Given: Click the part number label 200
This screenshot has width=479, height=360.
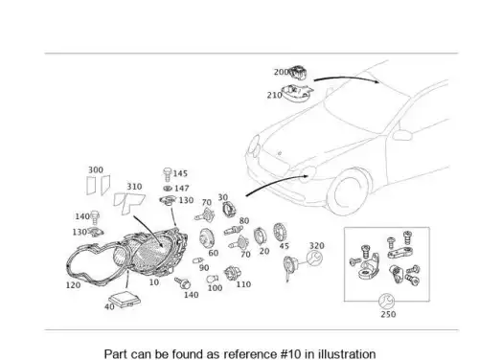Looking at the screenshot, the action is click(281, 72).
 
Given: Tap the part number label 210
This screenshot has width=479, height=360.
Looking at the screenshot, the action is click(275, 95).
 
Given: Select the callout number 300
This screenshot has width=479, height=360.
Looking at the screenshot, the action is click(96, 169).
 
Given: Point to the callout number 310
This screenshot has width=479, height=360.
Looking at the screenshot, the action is click(134, 187).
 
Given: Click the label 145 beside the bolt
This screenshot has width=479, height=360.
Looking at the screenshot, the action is click(180, 173).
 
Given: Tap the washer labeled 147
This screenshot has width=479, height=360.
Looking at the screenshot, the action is click(168, 189).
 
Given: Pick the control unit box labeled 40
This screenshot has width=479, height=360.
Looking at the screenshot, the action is click(125, 300).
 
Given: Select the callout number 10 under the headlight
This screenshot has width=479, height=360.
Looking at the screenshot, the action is click(154, 282).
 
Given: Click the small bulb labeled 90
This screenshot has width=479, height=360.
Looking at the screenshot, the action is click(197, 260).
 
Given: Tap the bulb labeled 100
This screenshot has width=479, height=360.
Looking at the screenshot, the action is click(212, 280).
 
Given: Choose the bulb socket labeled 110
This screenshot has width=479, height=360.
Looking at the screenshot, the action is click(232, 274).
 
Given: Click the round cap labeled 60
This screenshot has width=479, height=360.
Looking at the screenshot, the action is click(207, 238).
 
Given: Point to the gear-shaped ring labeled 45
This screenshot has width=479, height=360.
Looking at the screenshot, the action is click(280, 233).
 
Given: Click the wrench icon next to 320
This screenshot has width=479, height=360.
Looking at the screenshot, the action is click(314, 258).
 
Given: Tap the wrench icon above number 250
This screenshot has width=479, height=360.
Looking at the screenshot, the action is click(386, 302).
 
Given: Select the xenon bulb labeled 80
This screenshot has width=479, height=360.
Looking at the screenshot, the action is click(234, 230).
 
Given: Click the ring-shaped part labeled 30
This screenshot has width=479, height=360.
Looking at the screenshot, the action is click(229, 209).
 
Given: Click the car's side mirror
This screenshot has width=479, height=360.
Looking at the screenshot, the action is click(402, 135).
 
